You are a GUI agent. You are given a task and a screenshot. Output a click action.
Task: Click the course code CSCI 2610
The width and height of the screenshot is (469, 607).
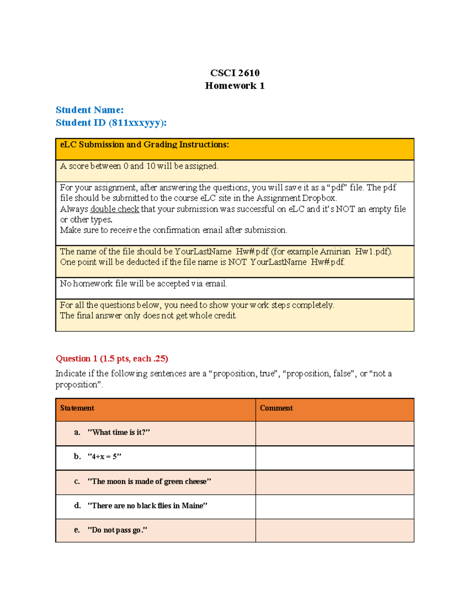point(234,73)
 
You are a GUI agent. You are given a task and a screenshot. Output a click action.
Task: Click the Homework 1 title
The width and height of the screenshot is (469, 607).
point(234,86)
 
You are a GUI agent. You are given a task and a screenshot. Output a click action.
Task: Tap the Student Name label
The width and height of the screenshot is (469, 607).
point(90,110)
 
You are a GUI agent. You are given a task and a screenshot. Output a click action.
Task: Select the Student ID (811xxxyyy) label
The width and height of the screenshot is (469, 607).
point(111,123)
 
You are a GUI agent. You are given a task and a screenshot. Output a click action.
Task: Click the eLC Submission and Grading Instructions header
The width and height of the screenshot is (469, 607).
point(144,145)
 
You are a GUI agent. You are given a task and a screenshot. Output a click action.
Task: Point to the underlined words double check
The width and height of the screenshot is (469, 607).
point(115,209)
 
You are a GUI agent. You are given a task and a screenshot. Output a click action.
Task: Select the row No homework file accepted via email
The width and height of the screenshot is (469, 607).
point(143,284)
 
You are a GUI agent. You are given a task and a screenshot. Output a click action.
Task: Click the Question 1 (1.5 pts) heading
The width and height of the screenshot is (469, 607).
point(112,358)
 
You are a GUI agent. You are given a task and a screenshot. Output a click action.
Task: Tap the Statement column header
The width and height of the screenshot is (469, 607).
point(77,408)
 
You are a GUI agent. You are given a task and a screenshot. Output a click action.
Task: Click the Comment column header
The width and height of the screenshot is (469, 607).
point(276,408)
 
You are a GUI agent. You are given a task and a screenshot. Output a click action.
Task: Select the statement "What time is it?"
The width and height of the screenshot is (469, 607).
point(118,432)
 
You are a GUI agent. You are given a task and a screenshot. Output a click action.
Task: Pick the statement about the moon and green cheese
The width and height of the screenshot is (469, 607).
point(149,482)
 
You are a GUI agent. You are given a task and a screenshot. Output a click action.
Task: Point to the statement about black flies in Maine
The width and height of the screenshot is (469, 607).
point(147,506)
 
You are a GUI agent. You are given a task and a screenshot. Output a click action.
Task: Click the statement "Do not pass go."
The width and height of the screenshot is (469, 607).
point(117,530)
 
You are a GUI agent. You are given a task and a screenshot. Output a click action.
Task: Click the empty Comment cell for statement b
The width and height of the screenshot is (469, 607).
point(335,458)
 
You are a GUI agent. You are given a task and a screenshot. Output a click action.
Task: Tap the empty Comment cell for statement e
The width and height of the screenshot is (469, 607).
point(335,530)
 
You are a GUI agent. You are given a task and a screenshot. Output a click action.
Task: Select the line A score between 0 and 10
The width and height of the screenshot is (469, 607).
point(139,166)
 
